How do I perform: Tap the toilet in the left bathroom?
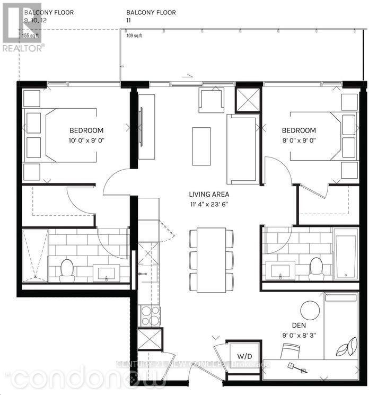point(67,270)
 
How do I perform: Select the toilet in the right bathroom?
point(317,268)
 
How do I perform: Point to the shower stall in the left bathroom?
point(35,254)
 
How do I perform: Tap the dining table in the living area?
point(210,259)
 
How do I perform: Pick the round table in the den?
point(310,310)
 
